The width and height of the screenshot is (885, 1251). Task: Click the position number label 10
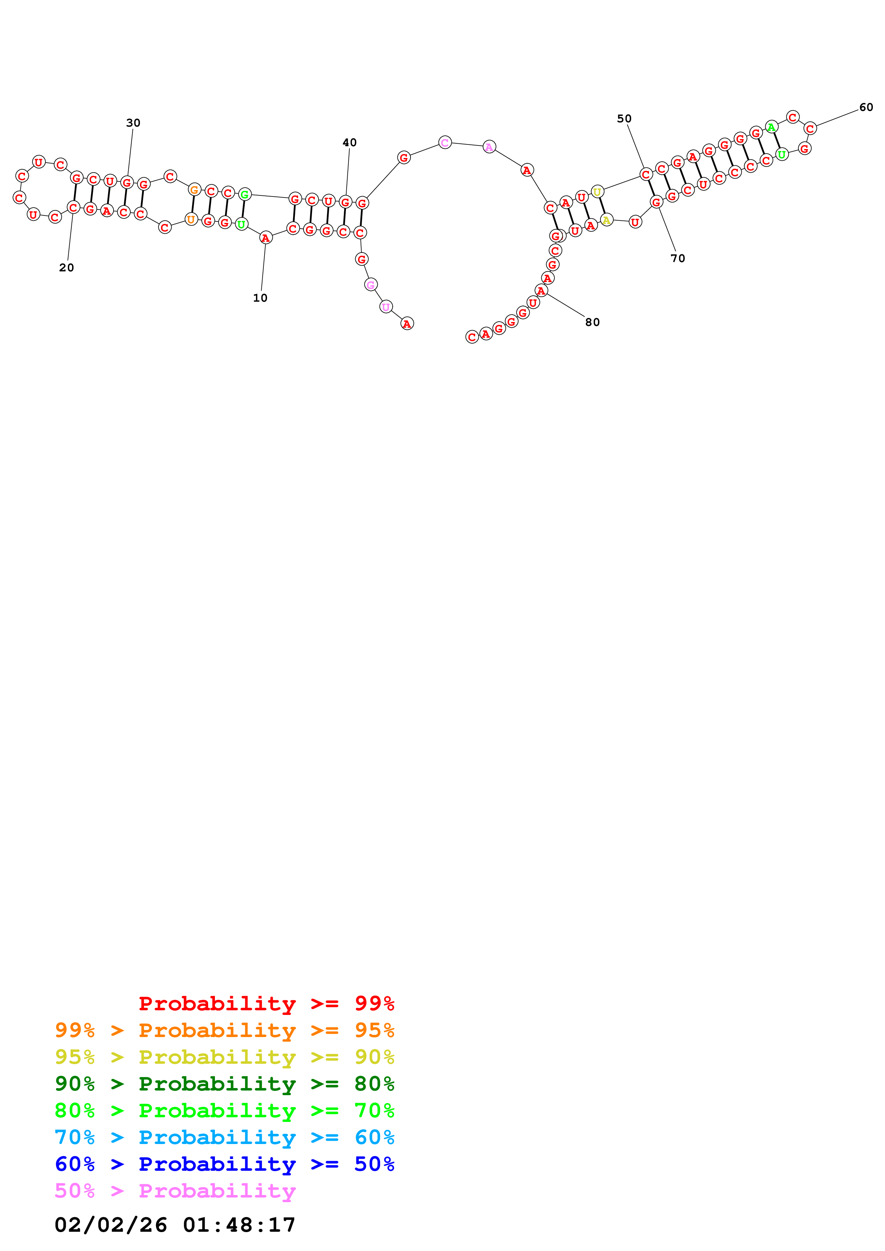pos(260,298)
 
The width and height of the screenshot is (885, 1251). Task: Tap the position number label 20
pos(66,267)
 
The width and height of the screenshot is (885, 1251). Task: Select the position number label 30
pos(133,123)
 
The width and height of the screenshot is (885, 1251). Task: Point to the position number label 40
pos(350,143)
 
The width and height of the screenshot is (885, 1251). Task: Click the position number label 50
pos(624,119)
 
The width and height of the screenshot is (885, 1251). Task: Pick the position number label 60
pos(866,107)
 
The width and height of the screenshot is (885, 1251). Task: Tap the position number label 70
pos(678,258)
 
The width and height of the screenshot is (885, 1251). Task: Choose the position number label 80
pos(592,322)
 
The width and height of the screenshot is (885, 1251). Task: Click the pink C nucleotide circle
pos(445,143)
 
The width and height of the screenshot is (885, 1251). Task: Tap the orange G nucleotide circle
pos(194,190)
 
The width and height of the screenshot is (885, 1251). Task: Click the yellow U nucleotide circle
pos(598,192)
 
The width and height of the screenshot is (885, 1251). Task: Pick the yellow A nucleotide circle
pos(606,220)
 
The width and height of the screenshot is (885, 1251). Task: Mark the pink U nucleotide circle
pos(386,307)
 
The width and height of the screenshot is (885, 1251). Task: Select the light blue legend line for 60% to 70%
pos(224,1137)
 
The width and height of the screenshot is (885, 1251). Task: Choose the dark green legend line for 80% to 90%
pos(224,1084)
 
